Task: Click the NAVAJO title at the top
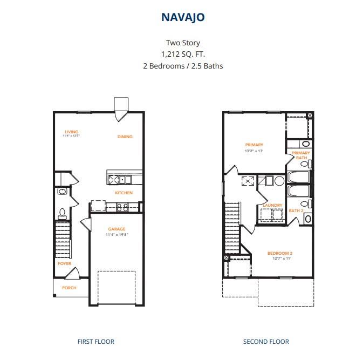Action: (183, 17)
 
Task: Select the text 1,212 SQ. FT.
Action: (183, 54)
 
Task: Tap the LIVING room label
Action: (72, 132)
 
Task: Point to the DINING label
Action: (125, 137)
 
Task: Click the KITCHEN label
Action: (124, 193)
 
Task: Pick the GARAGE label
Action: (117, 229)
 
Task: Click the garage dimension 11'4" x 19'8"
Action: (117, 235)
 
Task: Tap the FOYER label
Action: (64, 263)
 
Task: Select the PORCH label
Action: (69, 288)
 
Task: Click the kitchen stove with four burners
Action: (122, 206)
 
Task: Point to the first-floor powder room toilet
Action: (62, 213)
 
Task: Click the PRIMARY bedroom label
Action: (254, 145)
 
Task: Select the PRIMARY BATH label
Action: (300, 155)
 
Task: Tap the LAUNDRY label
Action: (272, 205)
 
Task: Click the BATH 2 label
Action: (296, 210)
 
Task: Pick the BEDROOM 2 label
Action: (280, 253)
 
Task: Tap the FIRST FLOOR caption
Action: (96, 341)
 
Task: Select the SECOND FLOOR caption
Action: (266, 341)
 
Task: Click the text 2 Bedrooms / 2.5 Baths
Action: (183, 66)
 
